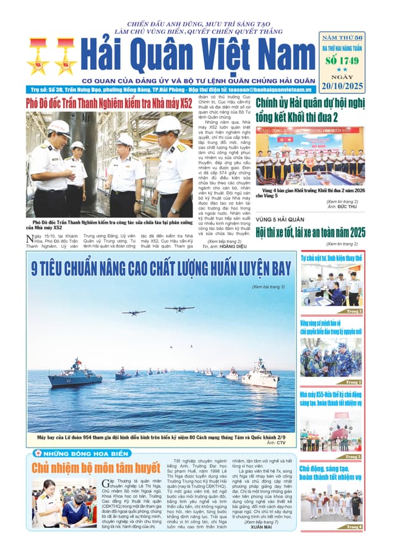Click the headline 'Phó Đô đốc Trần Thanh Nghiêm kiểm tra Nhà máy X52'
click(109, 104)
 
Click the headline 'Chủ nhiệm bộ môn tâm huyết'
click(92, 468)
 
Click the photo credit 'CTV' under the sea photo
click(281, 443)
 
